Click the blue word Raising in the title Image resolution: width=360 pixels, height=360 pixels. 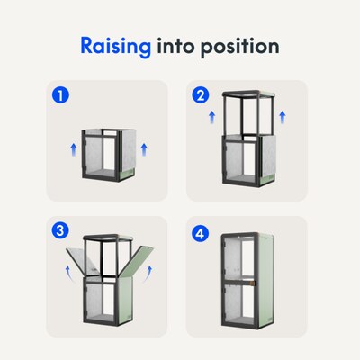tap(115, 47)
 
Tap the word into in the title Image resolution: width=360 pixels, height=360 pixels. tap(176, 46)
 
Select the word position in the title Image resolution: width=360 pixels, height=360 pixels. tap(240, 47)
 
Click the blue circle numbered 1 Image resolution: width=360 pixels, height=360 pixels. tap(60, 95)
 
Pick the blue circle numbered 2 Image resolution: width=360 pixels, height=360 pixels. tap(201, 95)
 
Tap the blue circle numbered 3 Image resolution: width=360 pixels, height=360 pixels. tap(60, 230)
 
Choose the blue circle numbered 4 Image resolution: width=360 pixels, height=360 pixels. tap(201, 234)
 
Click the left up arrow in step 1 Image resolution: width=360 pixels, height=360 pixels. tap(74, 149)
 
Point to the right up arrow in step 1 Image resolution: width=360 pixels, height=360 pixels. tap(144, 149)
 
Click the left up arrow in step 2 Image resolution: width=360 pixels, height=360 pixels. tap(212, 117)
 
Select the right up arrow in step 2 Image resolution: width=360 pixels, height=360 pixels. tap(283, 117)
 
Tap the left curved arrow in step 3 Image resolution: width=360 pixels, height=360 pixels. tap(69, 274)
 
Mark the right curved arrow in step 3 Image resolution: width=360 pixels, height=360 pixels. tap(148, 274)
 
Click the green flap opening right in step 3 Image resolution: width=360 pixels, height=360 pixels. tap(137, 260)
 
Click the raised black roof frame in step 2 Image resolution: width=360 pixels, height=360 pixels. tap(248, 94)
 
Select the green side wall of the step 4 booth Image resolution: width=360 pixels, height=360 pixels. tap(265, 279)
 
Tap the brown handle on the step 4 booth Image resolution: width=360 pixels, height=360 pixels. tap(253, 283)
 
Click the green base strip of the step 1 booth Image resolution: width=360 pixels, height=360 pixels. tap(126, 175)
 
